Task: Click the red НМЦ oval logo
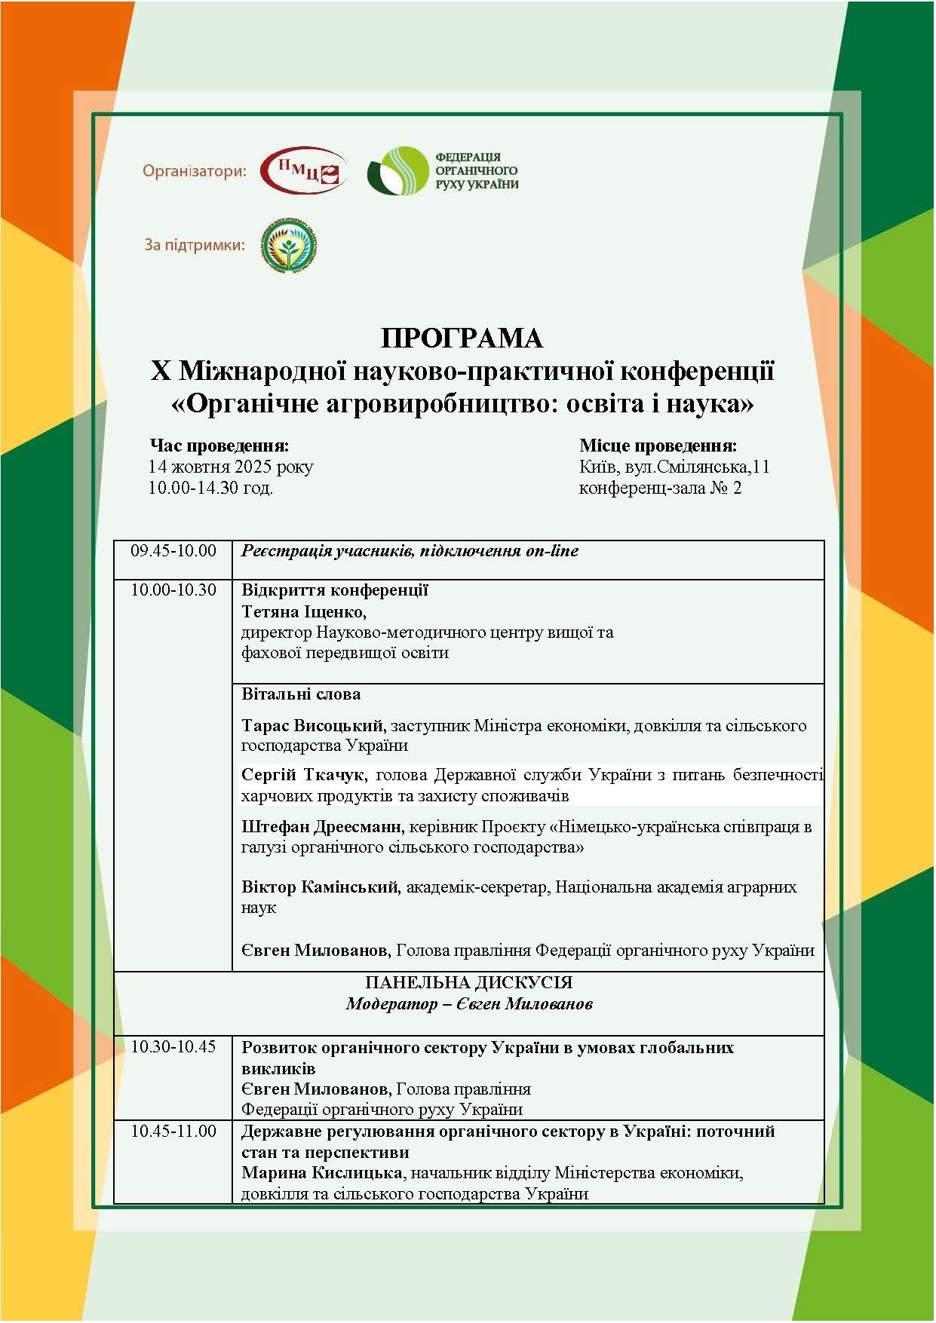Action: coord(303,170)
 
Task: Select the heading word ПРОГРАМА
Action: coord(462,338)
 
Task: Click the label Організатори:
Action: coord(195,172)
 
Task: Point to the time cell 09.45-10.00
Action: coord(173,551)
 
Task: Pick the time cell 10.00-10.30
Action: coord(173,590)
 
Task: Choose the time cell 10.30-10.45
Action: coord(173,1047)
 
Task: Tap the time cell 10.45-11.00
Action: coord(173,1132)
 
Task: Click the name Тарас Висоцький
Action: coord(312,726)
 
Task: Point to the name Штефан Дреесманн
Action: coord(323,827)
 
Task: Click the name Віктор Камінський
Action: coord(320,887)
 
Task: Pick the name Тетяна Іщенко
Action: coord(303,611)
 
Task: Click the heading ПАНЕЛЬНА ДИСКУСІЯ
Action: coord(468,983)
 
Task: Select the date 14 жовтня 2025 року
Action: coord(230,467)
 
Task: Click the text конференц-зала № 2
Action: coord(660,488)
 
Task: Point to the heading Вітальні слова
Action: coord(301,694)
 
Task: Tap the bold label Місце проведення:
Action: coord(658,446)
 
